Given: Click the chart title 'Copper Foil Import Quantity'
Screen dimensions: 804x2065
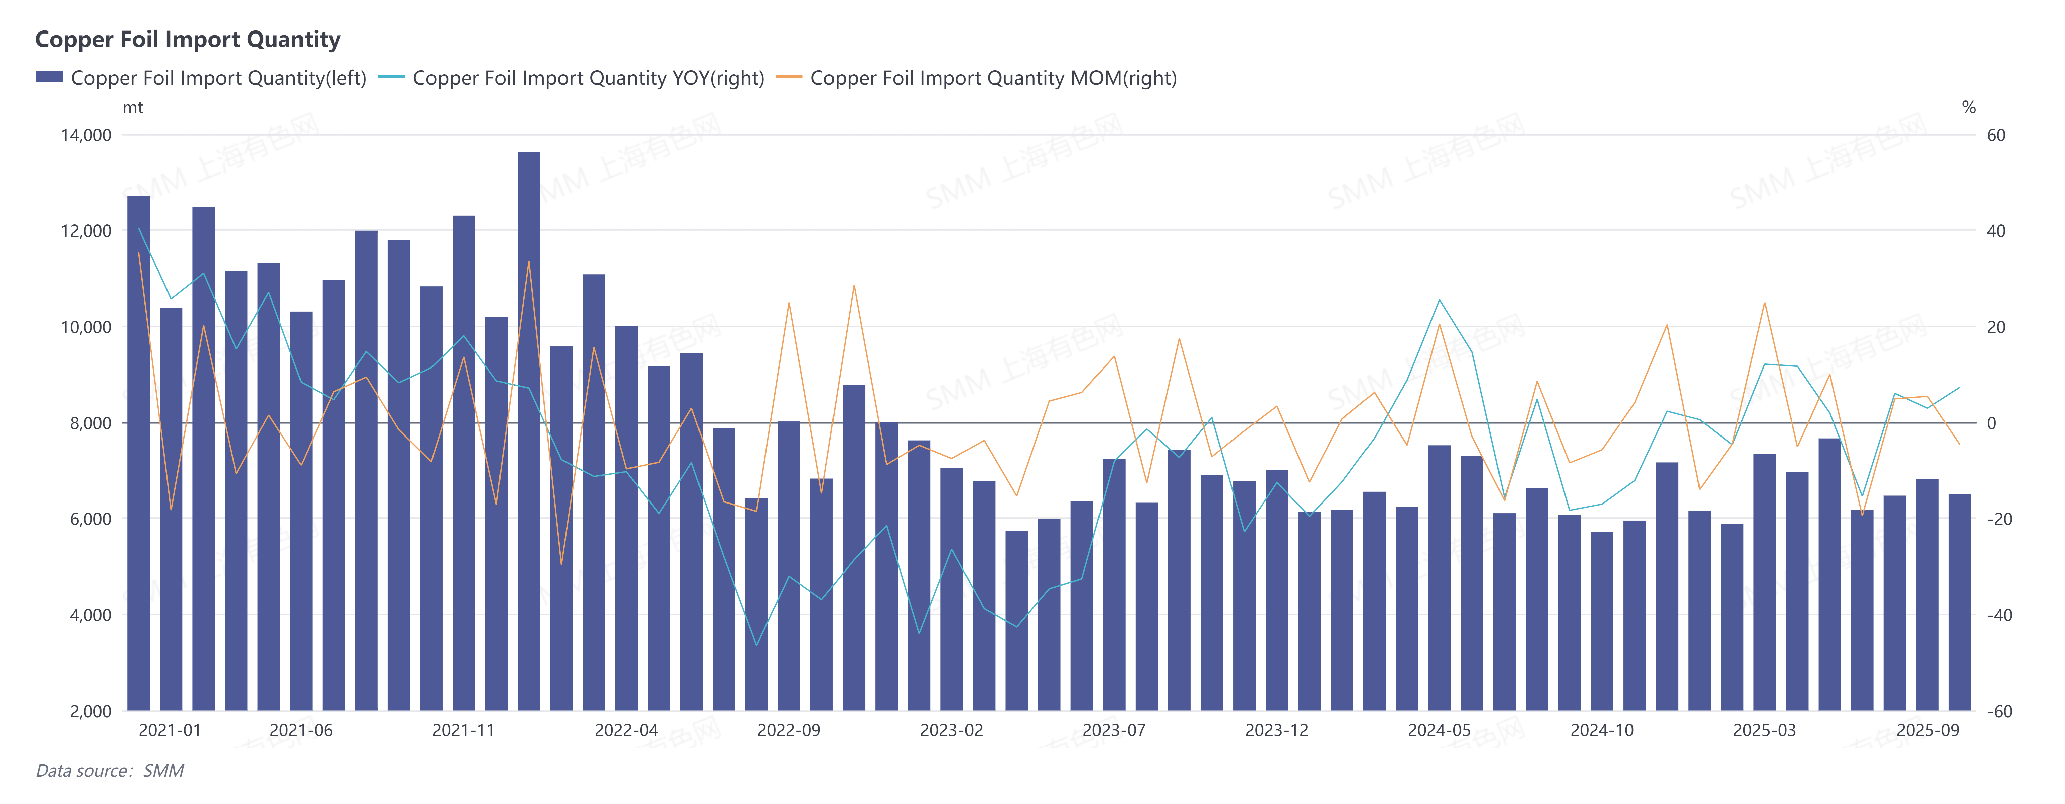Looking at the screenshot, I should click(x=188, y=39).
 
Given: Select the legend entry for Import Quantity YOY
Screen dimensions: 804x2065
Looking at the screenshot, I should click(x=588, y=78).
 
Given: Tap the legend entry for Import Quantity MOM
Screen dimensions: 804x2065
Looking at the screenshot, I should click(x=992, y=78).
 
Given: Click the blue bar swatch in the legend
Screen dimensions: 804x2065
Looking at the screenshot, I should click(x=49, y=77).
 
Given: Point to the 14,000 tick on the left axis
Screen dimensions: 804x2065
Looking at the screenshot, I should click(x=86, y=135).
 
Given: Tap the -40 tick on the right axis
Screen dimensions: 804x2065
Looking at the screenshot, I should click(x=1999, y=615).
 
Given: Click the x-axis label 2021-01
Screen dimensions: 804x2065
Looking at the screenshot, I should click(x=170, y=730).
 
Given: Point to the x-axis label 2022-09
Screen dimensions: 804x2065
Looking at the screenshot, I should click(x=789, y=730).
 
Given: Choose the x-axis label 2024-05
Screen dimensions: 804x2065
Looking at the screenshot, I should click(x=1439, y=730).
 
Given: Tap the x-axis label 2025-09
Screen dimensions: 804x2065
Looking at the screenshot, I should click(x=1927, y=730).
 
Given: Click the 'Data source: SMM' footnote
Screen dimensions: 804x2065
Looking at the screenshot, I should click(x=110, y=770).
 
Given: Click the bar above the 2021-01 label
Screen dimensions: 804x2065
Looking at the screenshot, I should click(x=171, y=509).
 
